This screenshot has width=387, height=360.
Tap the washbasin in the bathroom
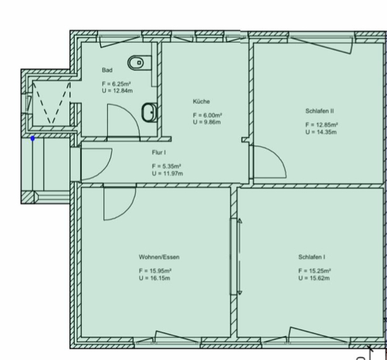pyautogui.click(x=149, y=113)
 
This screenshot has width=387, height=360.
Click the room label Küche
pyautogui.click(x=201, y=101)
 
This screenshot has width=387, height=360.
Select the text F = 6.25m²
pyautogui.click(x=116, y=84)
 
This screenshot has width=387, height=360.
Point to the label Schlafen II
pyautogui.click(x=320, y=111)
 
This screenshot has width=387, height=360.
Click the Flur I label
pyautogui.click(x=159, y=152)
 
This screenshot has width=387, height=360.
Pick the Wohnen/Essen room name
pyautogui.click(x=159, y=257)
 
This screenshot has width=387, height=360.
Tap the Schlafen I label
pyautogui.click(x=311, y=257)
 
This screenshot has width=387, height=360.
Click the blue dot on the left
pyautogui.click(x=33, y=139)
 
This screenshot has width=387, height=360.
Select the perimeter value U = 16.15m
pyautogui.click(x=155, y=278)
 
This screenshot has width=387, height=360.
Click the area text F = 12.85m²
pyautogui.click(x=321, y=125)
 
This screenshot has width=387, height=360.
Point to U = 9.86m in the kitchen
pyautogui.click(x=207, y=122)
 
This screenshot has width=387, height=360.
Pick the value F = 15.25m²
pyautogui.click(x=315, y=271)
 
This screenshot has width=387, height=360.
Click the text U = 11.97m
pyautogui.click(x=168, y=173)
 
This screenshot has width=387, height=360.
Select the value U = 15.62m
pyautogui.click(x=314, y=278)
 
